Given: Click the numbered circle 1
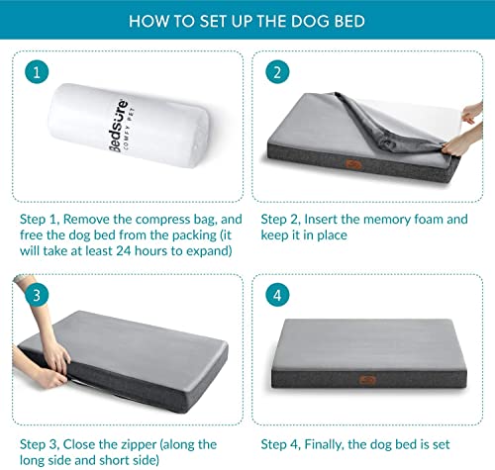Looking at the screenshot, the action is [x=37, y=72].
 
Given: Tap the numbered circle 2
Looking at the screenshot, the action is [x=277, y=72].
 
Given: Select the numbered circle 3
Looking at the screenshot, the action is [x=37, y=295].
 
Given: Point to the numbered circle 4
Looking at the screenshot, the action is [x=277, y=295].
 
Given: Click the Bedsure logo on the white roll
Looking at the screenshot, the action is [x=119, y=126].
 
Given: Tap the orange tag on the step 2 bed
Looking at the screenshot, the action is [x=353, y=164].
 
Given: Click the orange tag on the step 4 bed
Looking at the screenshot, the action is [x=367, y=380].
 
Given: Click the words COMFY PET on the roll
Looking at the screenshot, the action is [x=130, y=129].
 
